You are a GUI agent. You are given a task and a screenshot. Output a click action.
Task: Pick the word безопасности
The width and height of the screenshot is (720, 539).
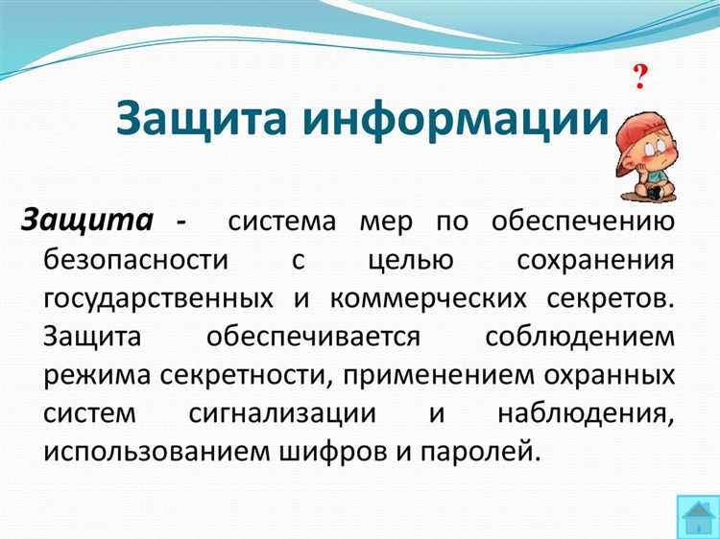tap(135, 261)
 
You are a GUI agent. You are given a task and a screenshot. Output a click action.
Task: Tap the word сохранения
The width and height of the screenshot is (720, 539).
tap(594, 261)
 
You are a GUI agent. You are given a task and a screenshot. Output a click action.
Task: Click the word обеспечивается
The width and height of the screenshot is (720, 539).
tap(312, 336)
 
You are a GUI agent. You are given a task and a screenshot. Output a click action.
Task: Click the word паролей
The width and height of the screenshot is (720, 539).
tap(488, 449)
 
